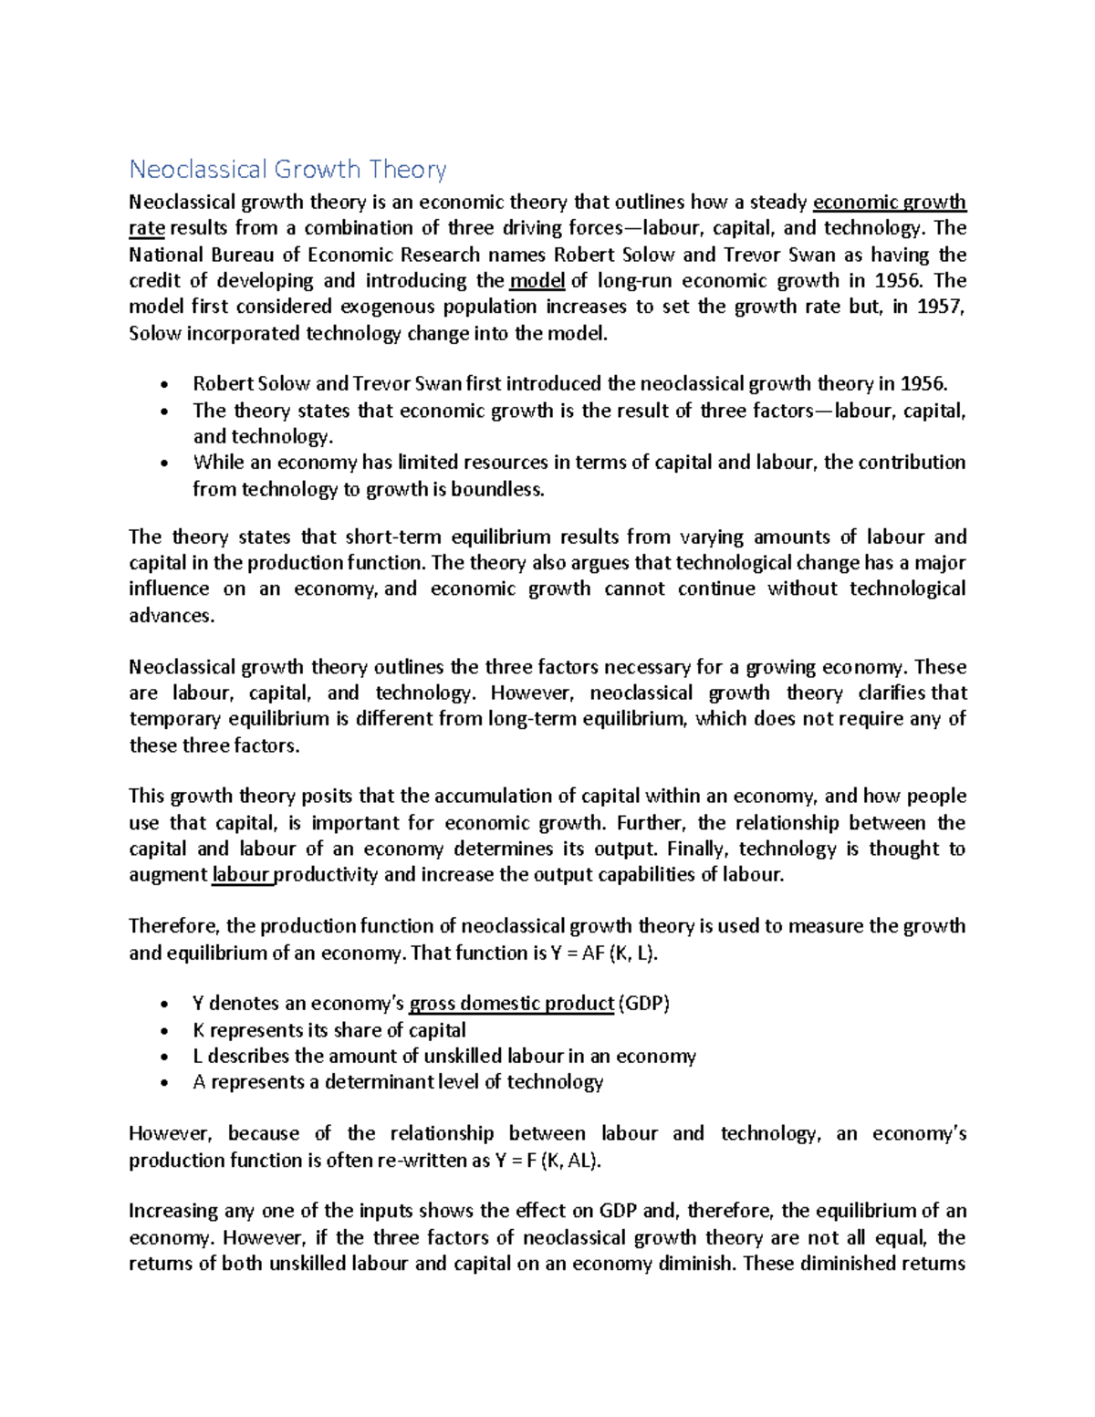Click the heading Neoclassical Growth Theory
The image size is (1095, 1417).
pos(287,170)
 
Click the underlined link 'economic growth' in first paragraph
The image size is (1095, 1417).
pos(889,203)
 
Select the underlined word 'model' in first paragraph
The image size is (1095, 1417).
pos(537,281)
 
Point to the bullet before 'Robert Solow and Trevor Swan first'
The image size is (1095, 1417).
pos(163,384)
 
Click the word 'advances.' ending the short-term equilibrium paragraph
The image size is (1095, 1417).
pos(172,616)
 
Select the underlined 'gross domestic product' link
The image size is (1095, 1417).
pos(511,1005)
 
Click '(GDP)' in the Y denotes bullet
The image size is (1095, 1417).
pos(644,1005)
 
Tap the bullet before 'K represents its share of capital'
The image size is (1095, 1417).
pos(163,1031)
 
